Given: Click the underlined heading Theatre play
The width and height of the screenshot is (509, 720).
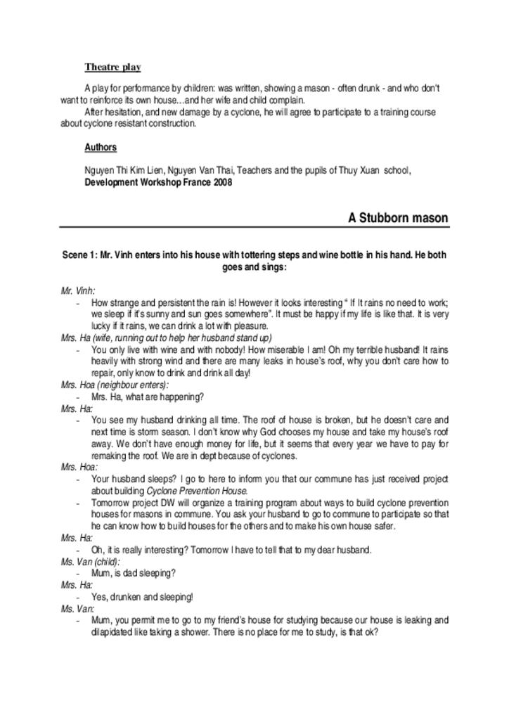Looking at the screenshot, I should [x=112, y=67].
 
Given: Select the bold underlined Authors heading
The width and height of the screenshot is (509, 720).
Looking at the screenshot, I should [x=101, y=148].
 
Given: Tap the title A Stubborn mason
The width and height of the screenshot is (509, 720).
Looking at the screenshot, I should [x=398, y=218].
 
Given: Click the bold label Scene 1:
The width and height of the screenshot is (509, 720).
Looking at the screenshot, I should [x=79, y=256].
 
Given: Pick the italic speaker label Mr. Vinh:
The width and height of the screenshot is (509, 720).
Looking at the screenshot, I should [x=78, y=290].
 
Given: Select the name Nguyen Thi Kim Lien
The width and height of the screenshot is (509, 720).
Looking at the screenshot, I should [x=119, y=171].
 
